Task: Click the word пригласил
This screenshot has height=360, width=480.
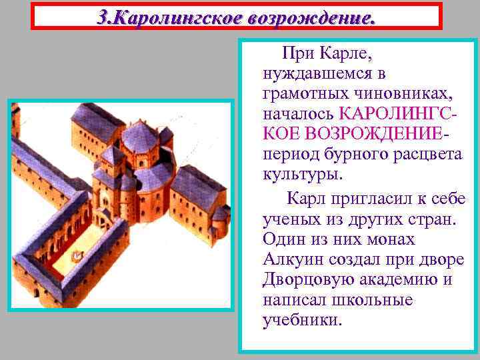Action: (x=363, y=198)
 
